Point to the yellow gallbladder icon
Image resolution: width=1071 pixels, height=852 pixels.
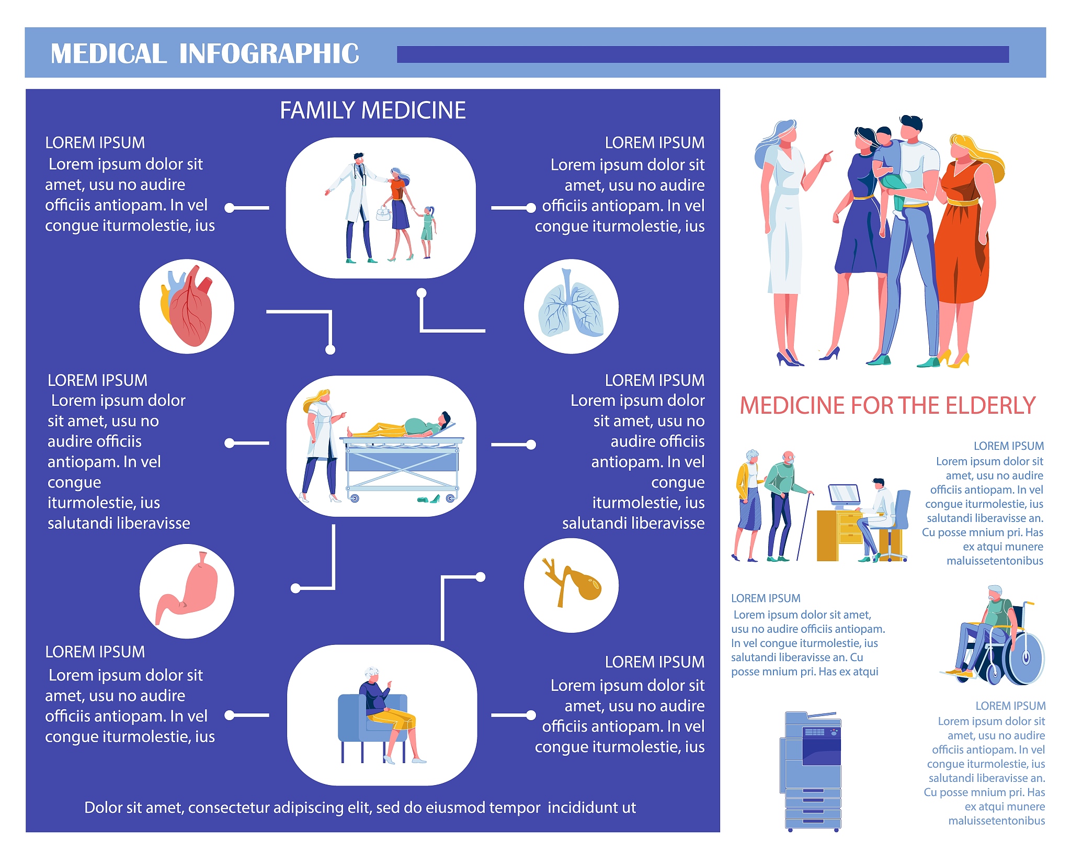572,582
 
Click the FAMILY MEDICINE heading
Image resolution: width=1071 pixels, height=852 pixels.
373,110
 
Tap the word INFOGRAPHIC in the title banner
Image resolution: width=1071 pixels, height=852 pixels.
269,54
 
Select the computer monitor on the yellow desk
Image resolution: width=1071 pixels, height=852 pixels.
844,495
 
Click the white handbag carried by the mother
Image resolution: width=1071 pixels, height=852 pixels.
383,213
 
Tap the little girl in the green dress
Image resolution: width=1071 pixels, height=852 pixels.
427,232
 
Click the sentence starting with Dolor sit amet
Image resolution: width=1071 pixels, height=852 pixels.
360,808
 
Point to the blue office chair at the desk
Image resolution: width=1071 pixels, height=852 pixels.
896,526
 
